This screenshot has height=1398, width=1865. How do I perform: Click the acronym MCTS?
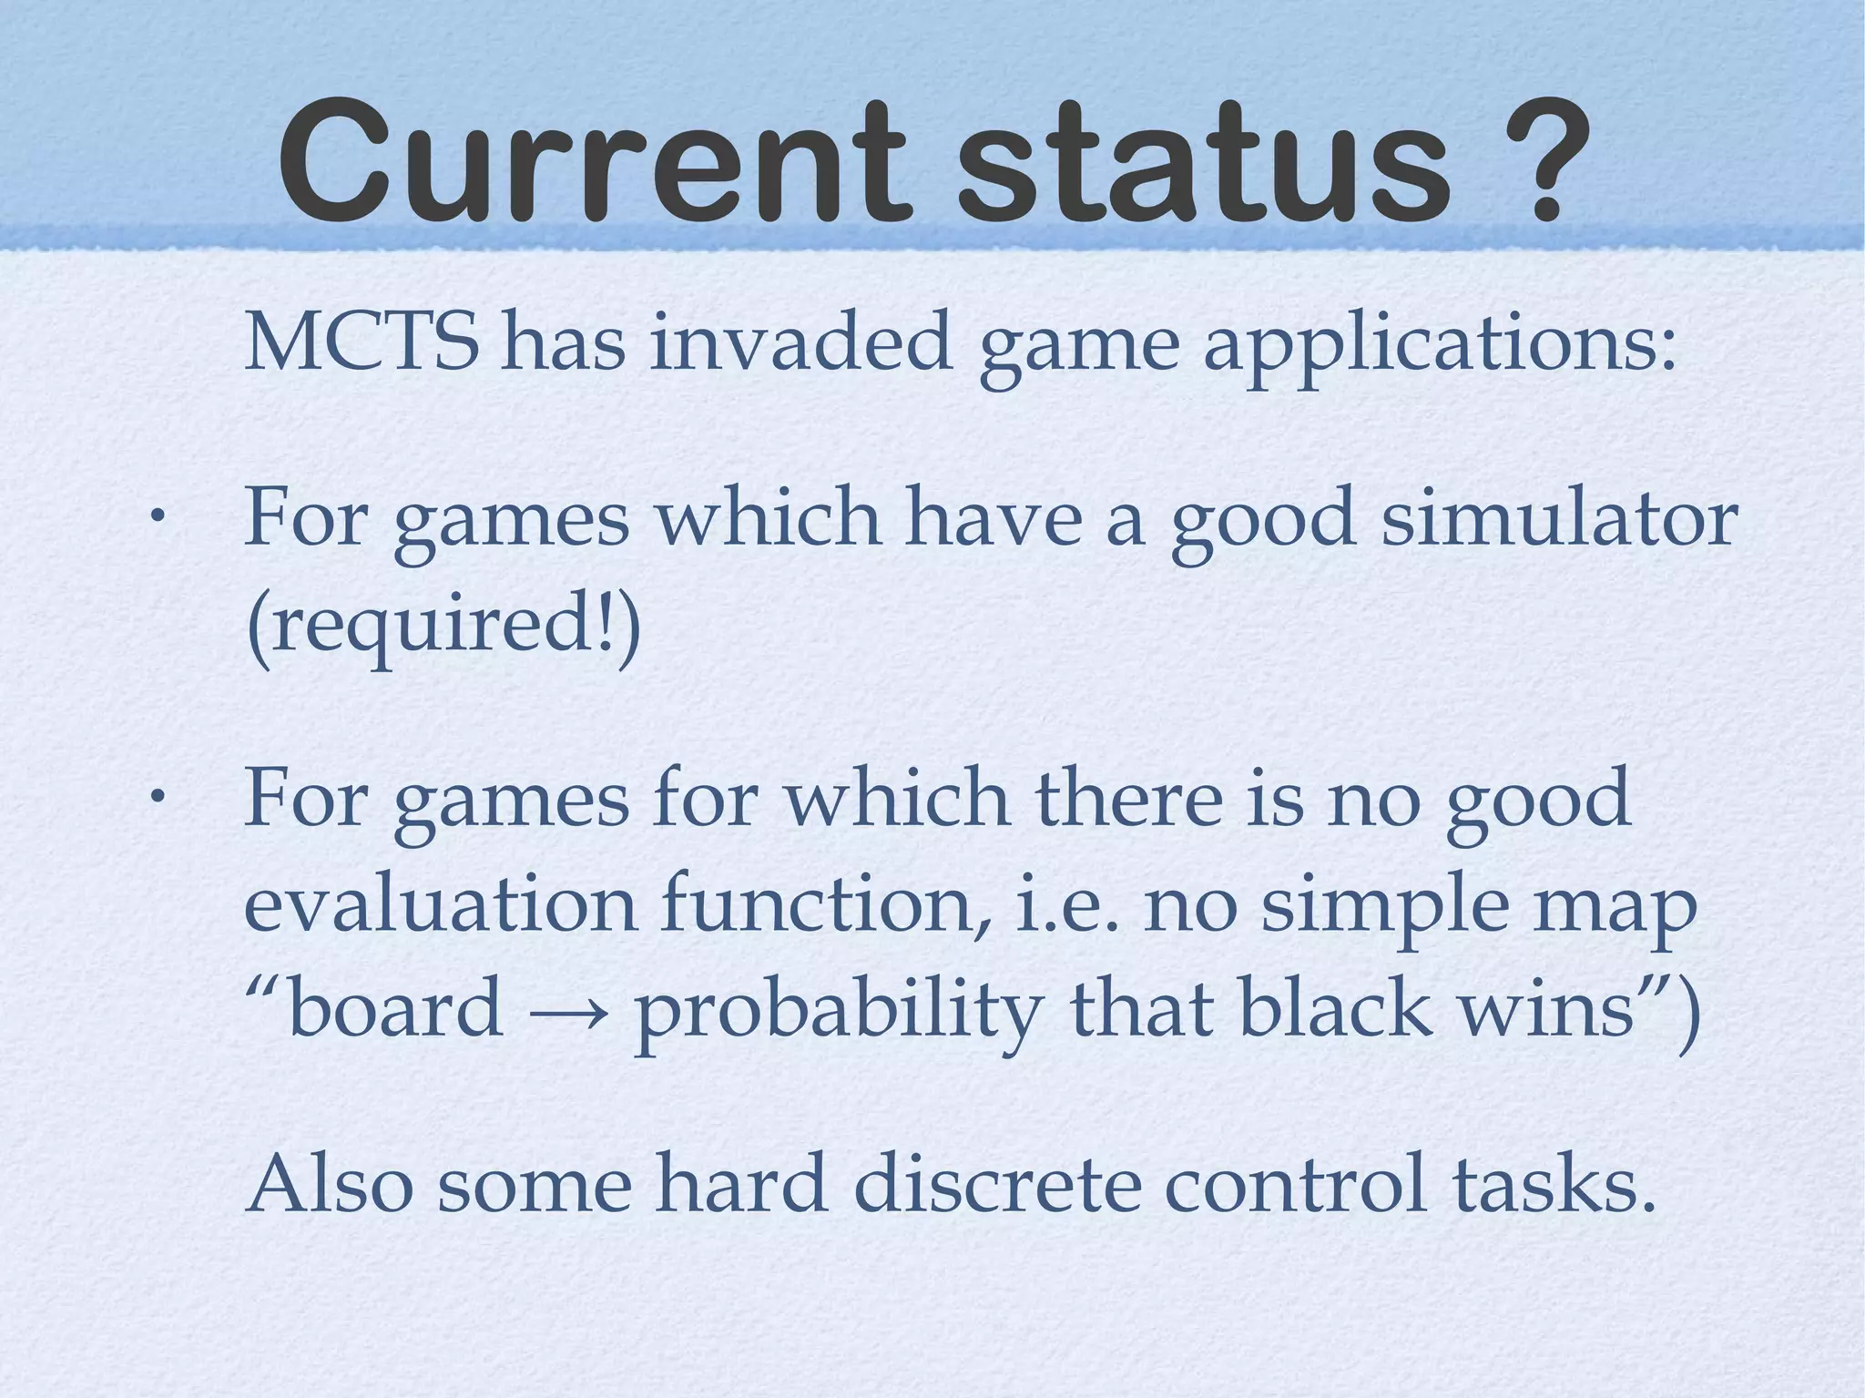362,343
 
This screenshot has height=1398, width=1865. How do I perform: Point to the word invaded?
800,343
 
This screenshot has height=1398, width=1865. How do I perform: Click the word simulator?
1559,518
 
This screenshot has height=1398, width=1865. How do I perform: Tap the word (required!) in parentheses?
443,627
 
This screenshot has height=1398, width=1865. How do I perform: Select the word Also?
330,1183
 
